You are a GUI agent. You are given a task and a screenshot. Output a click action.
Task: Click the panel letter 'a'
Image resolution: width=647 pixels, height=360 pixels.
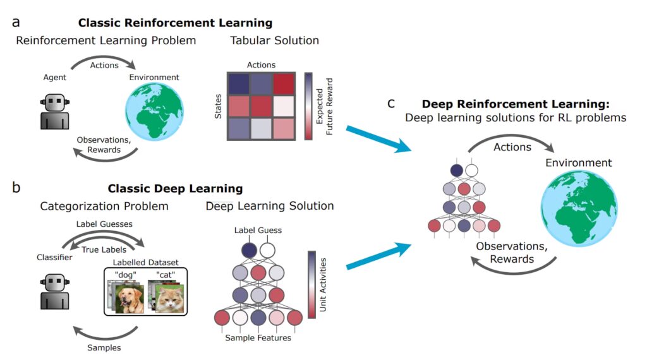(x=15, y=22)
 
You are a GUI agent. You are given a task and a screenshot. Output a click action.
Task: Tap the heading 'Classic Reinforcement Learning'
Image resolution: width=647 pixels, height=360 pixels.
(x=175, y=23)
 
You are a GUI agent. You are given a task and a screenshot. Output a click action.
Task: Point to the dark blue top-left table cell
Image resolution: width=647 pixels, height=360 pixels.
(x=239, y=84)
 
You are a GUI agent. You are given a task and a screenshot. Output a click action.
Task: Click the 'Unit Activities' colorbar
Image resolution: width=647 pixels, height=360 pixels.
(x=311, y=284)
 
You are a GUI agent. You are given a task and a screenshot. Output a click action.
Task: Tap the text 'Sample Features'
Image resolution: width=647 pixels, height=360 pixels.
(x=258, y=338)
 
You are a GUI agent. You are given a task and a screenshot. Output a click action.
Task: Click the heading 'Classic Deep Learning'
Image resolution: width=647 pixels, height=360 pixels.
(x=175, y=188)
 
